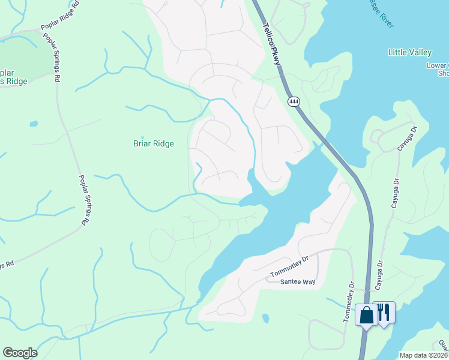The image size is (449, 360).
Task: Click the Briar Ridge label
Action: pos(153,144)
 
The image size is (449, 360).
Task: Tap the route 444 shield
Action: pos(294,101)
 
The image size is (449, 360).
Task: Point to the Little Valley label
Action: pos(410,53)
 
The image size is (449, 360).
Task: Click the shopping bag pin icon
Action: pos(366,314)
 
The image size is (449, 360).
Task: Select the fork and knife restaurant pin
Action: pos(384,312)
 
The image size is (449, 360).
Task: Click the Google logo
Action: pos(20,353)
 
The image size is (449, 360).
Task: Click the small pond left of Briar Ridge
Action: pos(34,124)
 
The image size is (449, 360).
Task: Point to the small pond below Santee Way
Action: pos(265,317)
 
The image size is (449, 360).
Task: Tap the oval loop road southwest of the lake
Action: pos(161,245)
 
